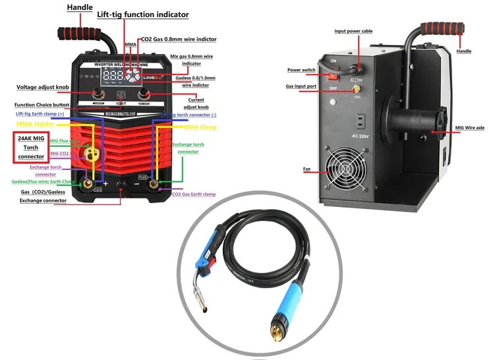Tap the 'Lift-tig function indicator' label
[143, 15]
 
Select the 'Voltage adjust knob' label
[44, 88]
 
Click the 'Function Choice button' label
[43, 105]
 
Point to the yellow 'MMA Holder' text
[34, 124]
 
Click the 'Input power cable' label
[354, 31]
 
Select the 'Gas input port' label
[301, 86]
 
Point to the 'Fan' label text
[306, 169]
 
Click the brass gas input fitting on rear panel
[357, 88]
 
